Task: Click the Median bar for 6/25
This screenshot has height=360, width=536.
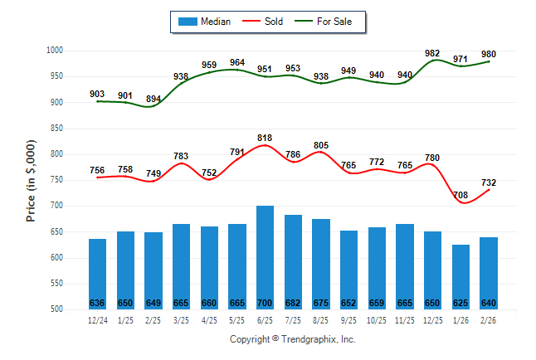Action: (266, 257)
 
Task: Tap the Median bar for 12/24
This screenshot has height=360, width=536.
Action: (98, 274)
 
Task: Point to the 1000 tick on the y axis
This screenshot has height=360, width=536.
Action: (54, 51)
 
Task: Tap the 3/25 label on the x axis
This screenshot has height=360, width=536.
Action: (182, 319)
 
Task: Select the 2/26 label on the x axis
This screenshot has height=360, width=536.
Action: (489, 319)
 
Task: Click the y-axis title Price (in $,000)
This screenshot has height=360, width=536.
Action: (31, 180)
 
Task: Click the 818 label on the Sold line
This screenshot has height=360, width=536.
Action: (266, 139)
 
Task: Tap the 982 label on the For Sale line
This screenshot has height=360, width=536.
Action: (432, 53)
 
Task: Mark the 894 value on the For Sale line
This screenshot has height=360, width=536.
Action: (153, 99)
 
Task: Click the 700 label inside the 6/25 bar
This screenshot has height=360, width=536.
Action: (266, 303)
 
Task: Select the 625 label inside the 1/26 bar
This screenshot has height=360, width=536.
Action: (460, 303)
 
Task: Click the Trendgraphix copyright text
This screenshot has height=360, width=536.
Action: (292, 339)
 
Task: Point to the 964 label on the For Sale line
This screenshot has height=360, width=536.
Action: (237, 62)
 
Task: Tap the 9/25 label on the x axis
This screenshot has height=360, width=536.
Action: (349, 319)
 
